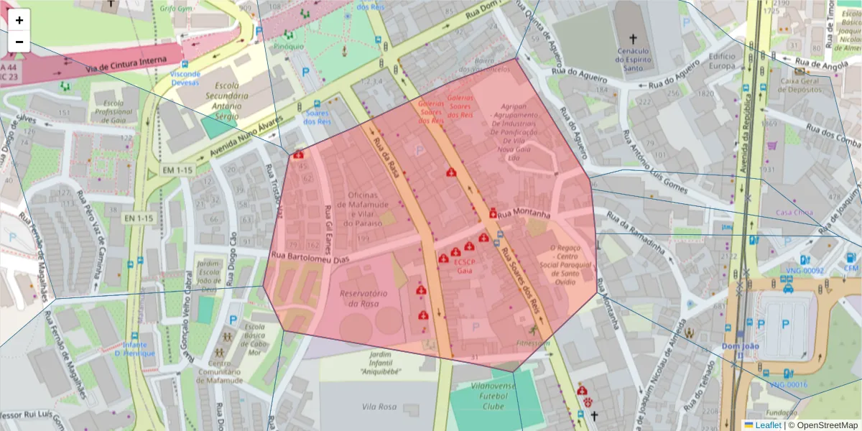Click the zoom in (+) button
pyautogui.click(x=19, y=20)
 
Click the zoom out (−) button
pyautogui.click(x=19, y=42)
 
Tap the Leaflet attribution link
pyautogui.click(x=768, y=425)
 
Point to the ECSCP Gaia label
pyautogui.click(x=463, y=267)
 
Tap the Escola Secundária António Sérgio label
pyautogui.click(x=216, y=95)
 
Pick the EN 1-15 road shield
pyautogui.click(x=138, y=218)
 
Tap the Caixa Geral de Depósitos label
pyautogui.click(x=800, y=85)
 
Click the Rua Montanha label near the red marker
pyautogui.click(x=524, y=214)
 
